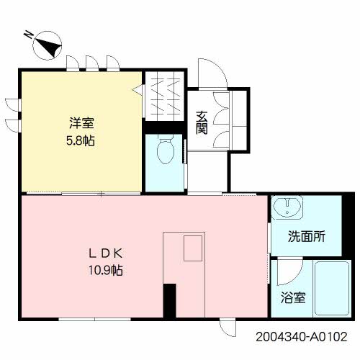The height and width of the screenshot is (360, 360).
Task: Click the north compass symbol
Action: [x=47, y=45]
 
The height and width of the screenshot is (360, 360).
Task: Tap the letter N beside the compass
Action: [x=29, y=35]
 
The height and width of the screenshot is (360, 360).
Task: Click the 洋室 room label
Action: [x=81, y=122]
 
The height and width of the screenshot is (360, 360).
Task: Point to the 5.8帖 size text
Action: [x=81, y=140]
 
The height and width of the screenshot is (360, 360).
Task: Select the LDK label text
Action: [x=106, y=253]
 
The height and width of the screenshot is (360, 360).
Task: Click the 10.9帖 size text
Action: [x=106, y=270]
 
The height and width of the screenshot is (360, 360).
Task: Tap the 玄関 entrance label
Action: [x=202, y=122]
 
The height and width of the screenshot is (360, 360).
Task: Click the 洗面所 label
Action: [x=307, y=236]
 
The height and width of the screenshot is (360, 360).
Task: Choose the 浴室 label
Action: [x=293, y=297]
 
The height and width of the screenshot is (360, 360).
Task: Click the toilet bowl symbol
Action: [x=166, y=149]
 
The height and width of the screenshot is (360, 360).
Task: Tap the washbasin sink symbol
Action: [x=287, y=207]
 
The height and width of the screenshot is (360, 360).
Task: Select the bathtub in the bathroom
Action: [x=332, y=288]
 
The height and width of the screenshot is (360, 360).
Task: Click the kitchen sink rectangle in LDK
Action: [x=193, y=248]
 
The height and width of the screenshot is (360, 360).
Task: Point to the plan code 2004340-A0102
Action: [x=302, y=337]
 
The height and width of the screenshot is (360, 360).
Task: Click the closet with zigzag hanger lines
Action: [x=165, y=96]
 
